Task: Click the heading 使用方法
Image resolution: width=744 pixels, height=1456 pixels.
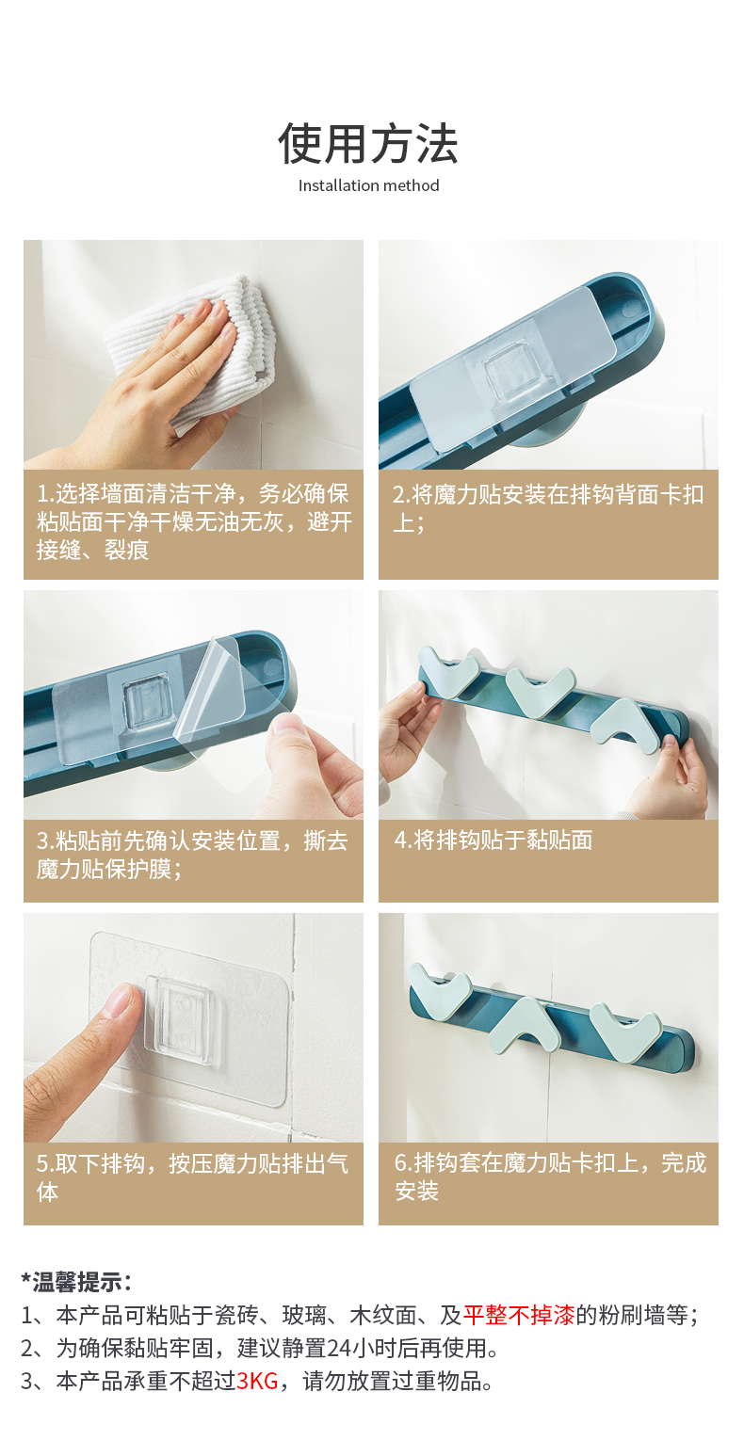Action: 368,144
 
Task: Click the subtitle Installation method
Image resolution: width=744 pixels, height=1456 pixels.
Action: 369,186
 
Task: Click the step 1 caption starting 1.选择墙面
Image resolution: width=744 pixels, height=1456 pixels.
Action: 194,522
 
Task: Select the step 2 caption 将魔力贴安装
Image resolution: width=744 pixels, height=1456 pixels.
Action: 547,508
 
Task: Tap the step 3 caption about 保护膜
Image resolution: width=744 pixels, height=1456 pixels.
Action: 192,855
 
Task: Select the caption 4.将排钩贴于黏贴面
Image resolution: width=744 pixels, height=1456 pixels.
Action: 493,840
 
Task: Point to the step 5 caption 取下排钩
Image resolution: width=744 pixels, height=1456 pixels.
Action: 192,1177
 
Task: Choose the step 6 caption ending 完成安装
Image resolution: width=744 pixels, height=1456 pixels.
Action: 550,1177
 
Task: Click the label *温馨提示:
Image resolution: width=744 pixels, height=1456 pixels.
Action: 76,1283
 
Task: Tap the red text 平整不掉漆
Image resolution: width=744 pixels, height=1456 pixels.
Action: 519,1315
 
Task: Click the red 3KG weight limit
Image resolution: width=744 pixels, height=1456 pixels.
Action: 257,1381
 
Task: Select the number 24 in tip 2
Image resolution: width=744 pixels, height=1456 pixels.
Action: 339,1348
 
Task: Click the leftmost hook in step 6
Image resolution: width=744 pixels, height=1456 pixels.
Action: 440,986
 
